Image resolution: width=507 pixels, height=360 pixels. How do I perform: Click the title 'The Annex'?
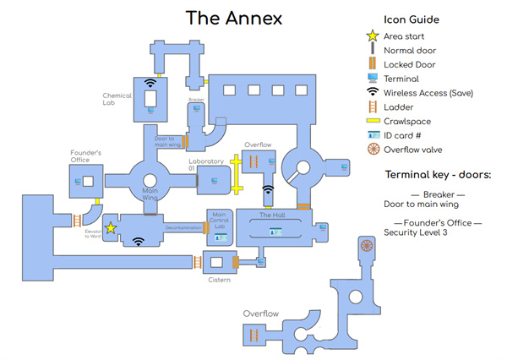coord(234,18)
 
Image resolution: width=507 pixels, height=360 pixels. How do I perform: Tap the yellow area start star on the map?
coord(111,227)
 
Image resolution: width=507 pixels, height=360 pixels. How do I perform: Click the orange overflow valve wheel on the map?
coord(367,246)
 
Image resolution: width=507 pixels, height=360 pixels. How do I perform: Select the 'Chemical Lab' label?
coord(117,98)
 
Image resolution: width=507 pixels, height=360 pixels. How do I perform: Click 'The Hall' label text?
coord(272,215)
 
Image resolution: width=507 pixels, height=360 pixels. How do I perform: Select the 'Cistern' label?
coord(218,281)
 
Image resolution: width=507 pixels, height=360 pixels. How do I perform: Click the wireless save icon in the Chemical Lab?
coord(151,83)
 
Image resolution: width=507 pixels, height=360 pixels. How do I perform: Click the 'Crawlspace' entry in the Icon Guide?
coord(411,121)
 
